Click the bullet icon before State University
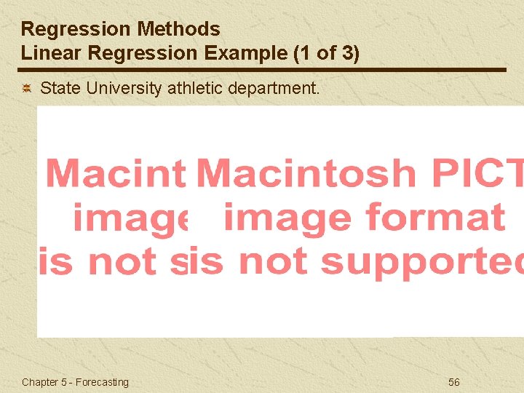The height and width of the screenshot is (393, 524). (x=25, y=89)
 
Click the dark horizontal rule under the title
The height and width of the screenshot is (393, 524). (x=262, y=70)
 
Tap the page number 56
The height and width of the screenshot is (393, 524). (x=454, y=382)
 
